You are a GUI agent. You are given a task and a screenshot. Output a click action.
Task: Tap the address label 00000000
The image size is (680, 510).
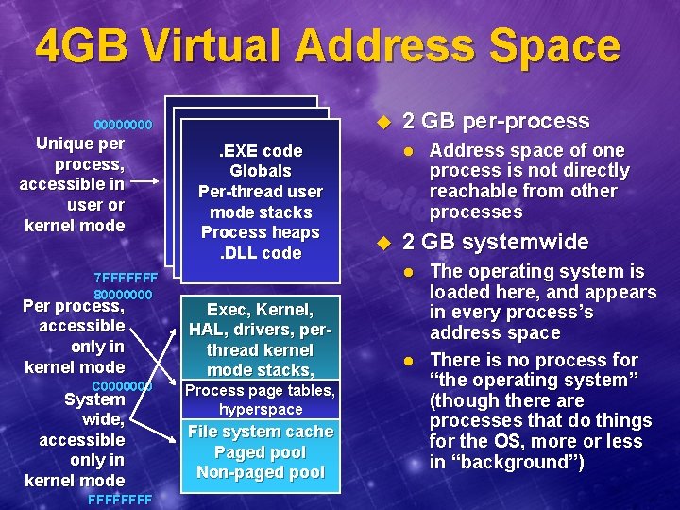[123, 125]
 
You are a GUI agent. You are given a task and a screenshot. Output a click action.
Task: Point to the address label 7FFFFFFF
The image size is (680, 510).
[125, 279]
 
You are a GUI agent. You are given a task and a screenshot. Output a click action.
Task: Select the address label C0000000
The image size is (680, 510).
[123, 386]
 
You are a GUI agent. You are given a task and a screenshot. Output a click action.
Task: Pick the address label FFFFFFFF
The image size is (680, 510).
[119, 499]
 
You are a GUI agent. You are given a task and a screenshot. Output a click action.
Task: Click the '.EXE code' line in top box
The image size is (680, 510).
[261, 151]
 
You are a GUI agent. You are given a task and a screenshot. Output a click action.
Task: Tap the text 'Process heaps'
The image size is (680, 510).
[261, 232]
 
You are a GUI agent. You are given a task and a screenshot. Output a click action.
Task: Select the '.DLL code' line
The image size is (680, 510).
[261, 253]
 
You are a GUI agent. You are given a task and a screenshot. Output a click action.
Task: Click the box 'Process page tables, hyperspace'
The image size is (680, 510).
[261, 400]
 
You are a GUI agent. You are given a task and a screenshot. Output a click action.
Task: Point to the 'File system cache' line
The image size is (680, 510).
[261, 432]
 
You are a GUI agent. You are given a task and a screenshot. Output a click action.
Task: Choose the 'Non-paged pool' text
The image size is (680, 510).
[261, 472]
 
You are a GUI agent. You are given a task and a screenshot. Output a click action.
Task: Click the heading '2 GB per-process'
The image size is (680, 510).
[496, 121]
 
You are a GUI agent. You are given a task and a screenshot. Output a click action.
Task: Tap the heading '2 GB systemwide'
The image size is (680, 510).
[496, 242]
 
